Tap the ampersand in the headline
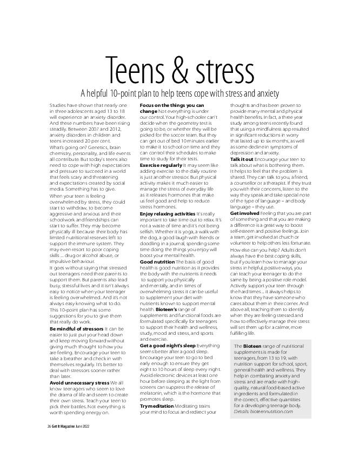[188, 69]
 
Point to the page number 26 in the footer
[49, 440]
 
